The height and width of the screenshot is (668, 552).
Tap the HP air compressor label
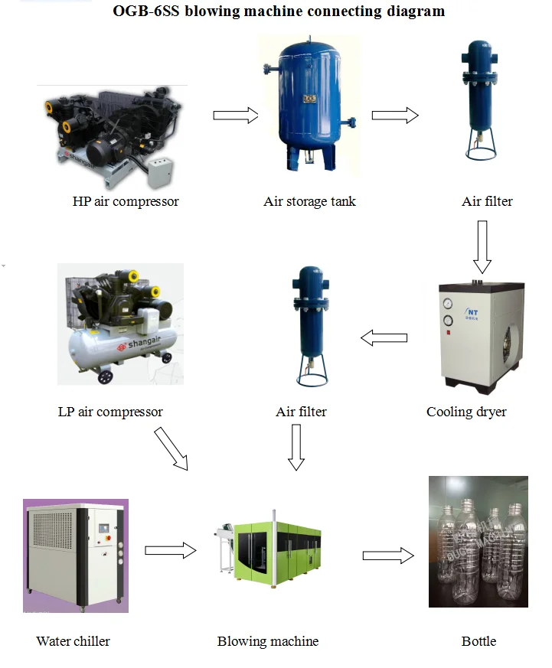click(x=126, y=201)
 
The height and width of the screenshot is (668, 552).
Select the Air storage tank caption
click(x=309, y=201)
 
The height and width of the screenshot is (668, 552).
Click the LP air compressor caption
click(x=110, y=412)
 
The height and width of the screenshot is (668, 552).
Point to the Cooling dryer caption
click(x=466, y=412)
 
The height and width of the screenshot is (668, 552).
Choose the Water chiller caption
click(x=73, y=641)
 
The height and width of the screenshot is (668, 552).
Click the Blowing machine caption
click(x=268, y=641)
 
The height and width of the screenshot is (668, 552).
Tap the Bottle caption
click(x=479, y=641)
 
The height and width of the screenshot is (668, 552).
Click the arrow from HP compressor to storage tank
click(x=235, y=115)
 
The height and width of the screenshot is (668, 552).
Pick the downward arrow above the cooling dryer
click(x=482, y=247)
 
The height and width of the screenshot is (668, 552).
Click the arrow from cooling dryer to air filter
click(x=384, y=337)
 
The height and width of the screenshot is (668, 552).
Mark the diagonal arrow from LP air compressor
click(x=171, y=448)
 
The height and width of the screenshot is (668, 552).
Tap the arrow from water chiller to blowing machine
click(x=170, y=549)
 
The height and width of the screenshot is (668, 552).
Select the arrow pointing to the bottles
click(x=387, y=556)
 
